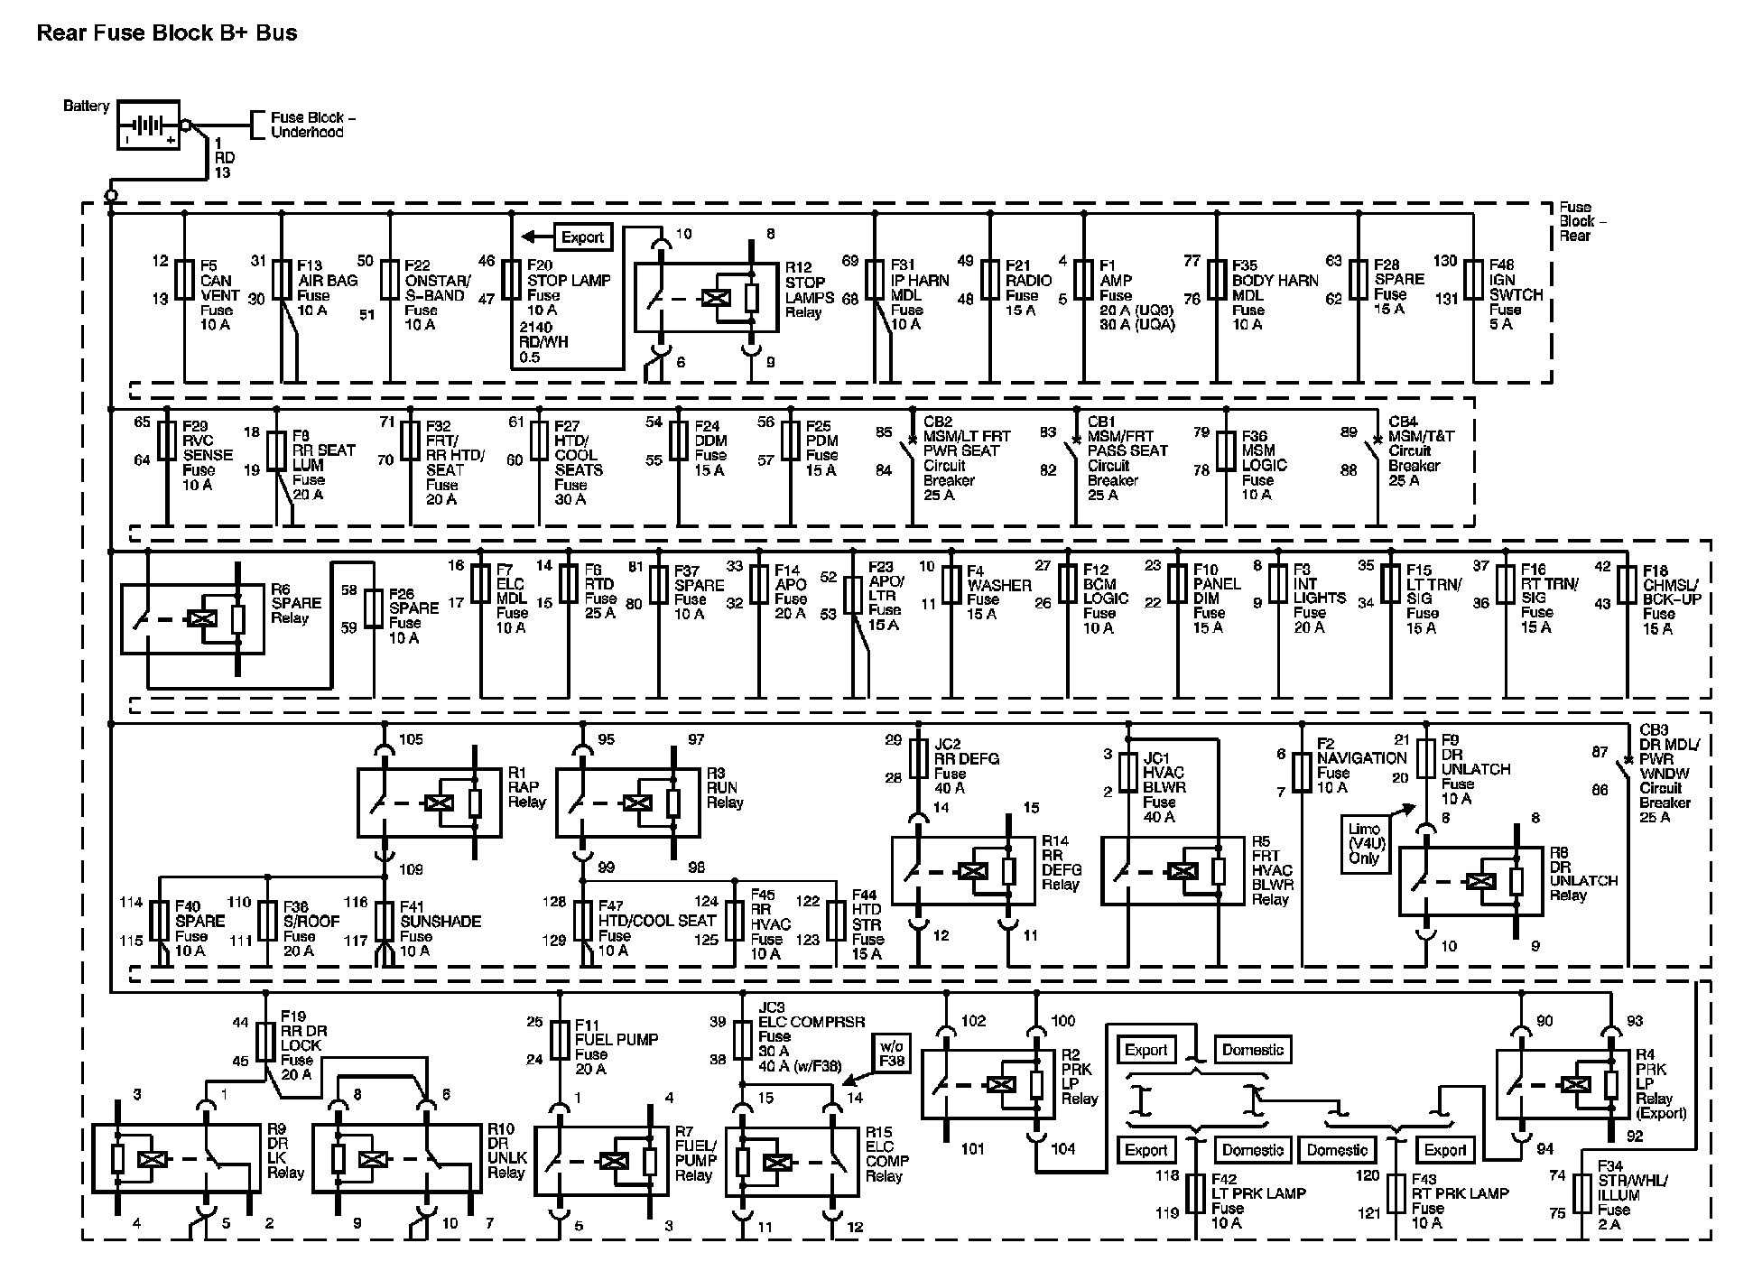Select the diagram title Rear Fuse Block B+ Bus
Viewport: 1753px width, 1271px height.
[167, 33]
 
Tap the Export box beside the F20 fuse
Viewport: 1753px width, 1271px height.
[582, 237]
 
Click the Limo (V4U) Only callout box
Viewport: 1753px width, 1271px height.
[1364, 843]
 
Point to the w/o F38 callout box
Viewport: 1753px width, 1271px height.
[891, 1053]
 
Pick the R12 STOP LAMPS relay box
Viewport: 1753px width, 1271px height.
[706, 297]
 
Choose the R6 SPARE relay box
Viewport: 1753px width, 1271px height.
[192, 619]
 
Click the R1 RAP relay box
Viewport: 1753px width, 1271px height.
[429, 802]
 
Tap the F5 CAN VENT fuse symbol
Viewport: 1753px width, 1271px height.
[184, 280]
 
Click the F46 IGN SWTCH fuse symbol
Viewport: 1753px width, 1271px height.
[1473, 280]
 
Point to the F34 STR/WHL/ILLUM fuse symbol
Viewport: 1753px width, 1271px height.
[1581, 1193]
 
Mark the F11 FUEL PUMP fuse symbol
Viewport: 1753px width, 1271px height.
[560, 1040]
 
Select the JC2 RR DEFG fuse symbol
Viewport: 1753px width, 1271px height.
[918, 759]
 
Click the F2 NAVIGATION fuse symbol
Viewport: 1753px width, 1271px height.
[1302, 774]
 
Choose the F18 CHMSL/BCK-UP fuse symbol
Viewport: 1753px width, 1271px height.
[1627, 585]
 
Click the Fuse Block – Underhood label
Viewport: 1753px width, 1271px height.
[311, 125]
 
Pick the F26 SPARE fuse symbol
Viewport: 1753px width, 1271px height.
[375, 608]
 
